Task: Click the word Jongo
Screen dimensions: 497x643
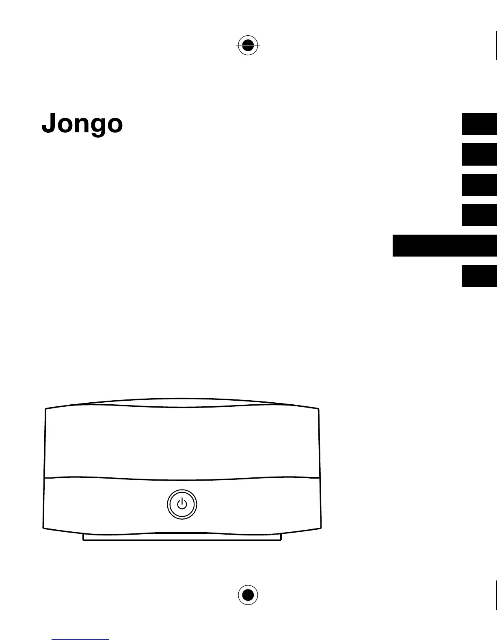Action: [82, 123]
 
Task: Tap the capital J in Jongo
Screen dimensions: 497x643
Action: [48, 123]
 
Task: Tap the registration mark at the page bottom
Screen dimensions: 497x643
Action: [248, 595]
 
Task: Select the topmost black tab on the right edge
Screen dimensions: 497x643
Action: [479, 124]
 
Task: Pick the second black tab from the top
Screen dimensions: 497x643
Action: [479, 155]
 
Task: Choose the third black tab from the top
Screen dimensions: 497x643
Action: [479, 185]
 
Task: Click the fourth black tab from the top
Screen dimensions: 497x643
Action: [479, 215]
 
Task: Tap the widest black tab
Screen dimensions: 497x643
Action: [445, 246]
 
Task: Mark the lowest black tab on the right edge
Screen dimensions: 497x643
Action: [479, 276]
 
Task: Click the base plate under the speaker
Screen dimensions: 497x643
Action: [182, 537]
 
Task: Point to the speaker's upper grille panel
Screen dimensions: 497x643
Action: [182, 442]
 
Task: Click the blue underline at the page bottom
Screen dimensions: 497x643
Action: [80, 640]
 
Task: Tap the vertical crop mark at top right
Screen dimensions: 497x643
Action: [496, 45]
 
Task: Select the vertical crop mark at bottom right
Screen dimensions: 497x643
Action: [496, 595]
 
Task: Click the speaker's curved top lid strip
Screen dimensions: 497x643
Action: [182, 402]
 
